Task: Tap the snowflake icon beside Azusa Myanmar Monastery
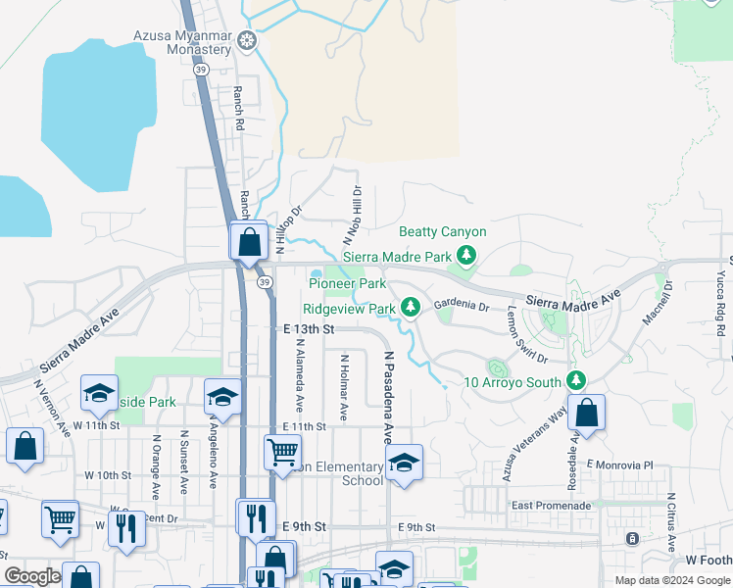point(249,41)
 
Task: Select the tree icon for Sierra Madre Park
point(466,255)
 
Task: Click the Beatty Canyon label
point(442,232)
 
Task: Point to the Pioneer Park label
point(347,283)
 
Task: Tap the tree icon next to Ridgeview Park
point(413,308)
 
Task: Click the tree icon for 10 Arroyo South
point(576,380)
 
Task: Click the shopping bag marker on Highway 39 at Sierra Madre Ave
point(249,241)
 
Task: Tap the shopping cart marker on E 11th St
point(282,452)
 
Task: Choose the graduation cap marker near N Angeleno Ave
point(222,398)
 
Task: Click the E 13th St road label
point(309,330)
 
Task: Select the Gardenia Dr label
point(461,306)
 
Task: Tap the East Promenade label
point(552,506)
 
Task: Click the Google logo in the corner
point(32,576)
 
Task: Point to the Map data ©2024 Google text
point(671,580)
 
